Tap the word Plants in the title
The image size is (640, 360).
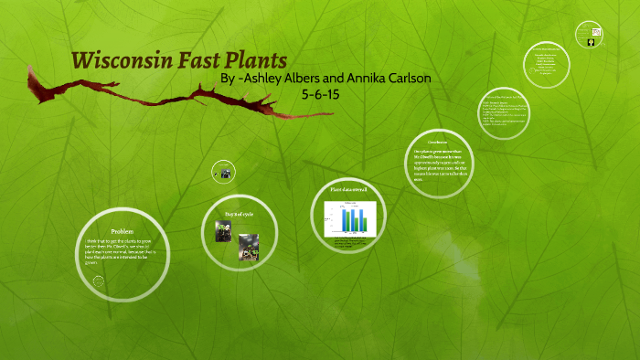(x=258, y=61)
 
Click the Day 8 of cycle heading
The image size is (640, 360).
(x=240, y=214)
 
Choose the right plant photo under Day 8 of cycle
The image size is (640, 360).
(x=248, y=245)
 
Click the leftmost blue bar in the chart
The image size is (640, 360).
(x=343, y=220)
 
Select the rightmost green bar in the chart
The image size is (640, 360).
(x=365, y=223)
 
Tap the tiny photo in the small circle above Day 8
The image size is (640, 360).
(x=224, y=171)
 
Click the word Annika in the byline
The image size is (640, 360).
(x=365, y=79)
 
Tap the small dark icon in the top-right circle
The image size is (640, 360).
(x=592, y=41)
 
